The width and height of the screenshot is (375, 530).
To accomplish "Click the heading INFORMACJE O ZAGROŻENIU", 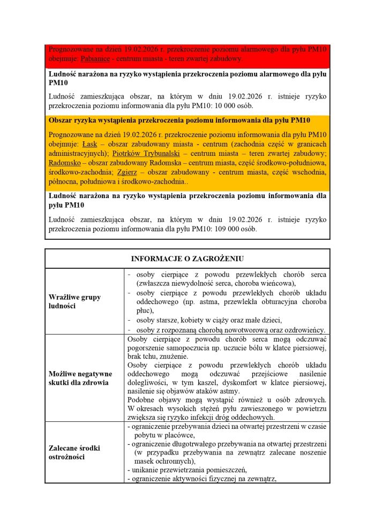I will pos(187,259).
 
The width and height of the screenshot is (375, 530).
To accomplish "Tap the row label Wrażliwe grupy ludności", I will pos(75,301).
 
